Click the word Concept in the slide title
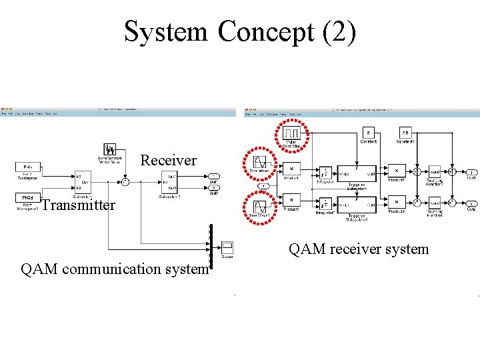[265, 32]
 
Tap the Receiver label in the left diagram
[168, 161]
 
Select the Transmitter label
[78, 205]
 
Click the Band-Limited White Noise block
[110, 149]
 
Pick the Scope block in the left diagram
[227, 246]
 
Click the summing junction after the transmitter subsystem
[125, 181]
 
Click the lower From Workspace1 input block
[28, 197]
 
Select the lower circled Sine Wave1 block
[257, 205]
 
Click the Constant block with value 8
[369, 133]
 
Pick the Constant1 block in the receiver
[405, 133]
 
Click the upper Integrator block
[324, 172]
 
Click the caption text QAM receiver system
[359, 249]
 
